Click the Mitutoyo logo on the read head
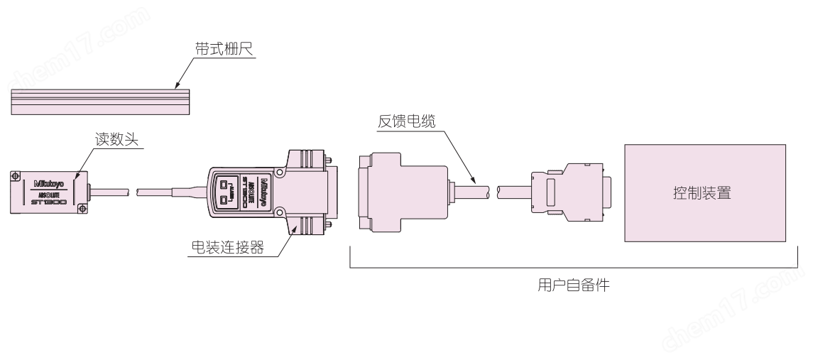48,183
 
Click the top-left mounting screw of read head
14,173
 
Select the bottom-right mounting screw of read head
83,208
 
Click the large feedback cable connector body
401,192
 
